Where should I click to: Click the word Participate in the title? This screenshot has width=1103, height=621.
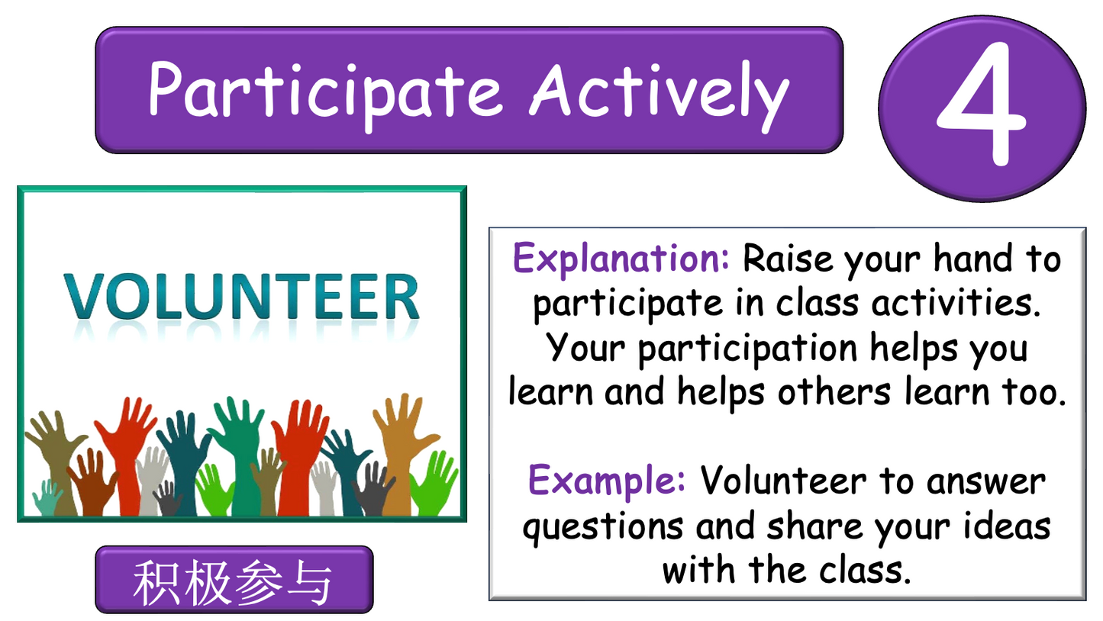tap(324, 90)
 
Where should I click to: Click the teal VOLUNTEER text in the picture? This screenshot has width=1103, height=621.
tap(241, 297)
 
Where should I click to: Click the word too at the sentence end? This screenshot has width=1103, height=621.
tap(1034, 391)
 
